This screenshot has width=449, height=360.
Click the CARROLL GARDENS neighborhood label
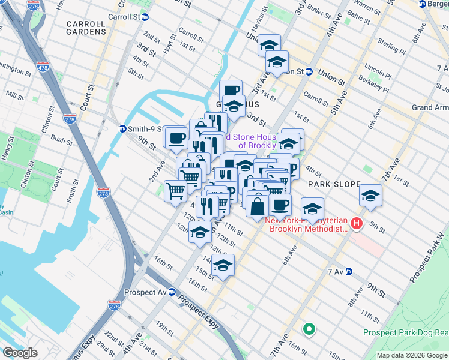(x=86, y=28)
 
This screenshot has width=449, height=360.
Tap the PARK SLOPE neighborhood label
(x=334, y=184)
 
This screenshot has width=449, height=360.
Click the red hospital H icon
(x=357, y=224)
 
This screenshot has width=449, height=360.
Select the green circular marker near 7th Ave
(x=309, y=329)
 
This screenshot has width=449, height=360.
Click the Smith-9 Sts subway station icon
(x=122, y=128)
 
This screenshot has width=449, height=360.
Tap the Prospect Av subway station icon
(x=172, y=292)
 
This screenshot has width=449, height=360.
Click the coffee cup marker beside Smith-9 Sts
(x=176, y=139)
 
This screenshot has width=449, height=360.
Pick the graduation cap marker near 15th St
(x=223, y=265)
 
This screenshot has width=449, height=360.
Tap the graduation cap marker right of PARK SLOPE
(x=370, y=196)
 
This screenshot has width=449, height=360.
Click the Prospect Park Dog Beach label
(x=406, y=332)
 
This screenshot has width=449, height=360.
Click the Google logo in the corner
(x=20, y=353)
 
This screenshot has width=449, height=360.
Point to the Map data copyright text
(x=411, y=355)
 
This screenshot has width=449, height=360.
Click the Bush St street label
(x=61, y=140)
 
